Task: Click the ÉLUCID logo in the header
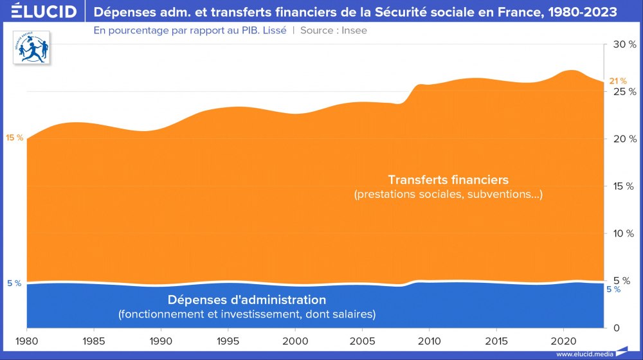click(40, 12)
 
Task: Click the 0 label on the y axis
click(615, 327)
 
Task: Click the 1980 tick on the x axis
click(26, 339)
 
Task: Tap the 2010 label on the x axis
click(430, 339)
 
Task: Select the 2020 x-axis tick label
click(564, 339)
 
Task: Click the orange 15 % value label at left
click(14, 138)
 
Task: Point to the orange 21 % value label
click(617, 81)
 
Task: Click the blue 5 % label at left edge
click(14, 283)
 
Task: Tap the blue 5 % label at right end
click(613, 289)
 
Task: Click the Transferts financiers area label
click(448, 179)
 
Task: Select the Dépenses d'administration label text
click(247, 300)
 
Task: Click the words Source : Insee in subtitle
click(334, 30)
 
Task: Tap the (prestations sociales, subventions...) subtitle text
click(448, 194)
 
